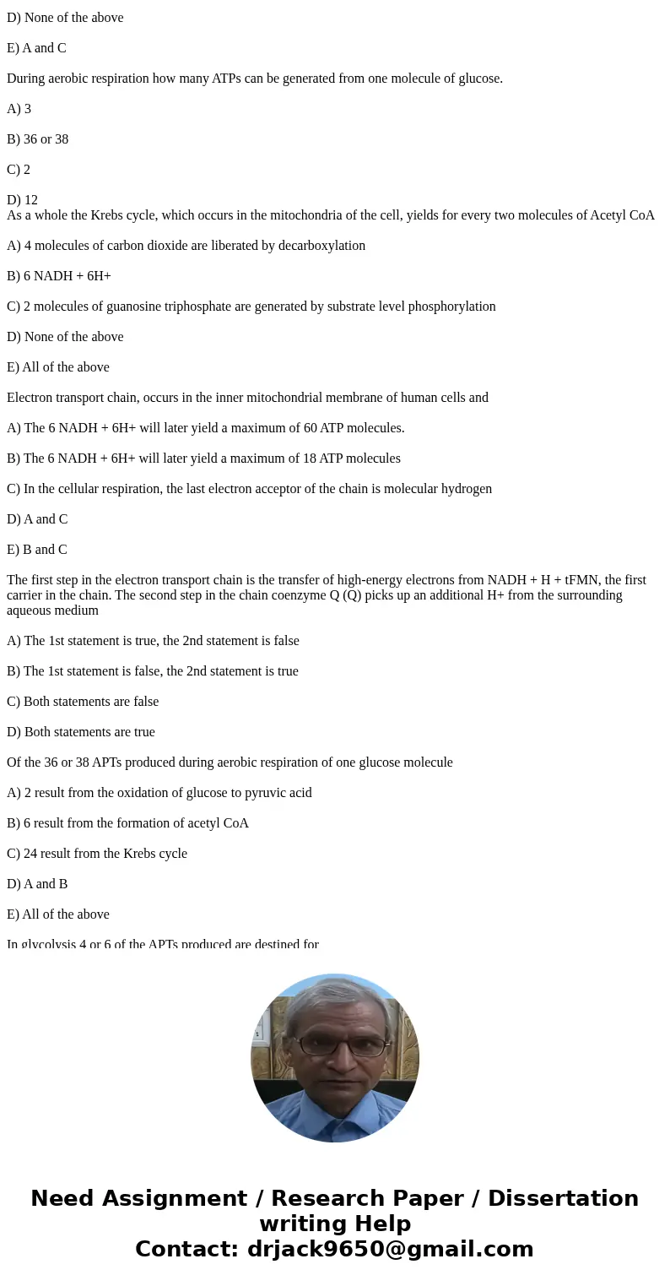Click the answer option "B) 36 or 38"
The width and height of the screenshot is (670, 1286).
coord(37,139)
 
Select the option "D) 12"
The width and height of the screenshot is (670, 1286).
coord(22,200)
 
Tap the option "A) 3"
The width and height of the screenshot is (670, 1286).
coord(19,109)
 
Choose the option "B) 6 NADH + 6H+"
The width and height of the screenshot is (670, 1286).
coord(59,276)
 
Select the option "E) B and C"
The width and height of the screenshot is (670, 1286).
coord(37,550)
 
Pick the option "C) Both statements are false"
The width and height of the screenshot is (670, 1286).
coord(83,702)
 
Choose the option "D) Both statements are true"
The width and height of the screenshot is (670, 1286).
coord(81,732)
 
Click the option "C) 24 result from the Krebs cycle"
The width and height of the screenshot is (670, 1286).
coord(97,854)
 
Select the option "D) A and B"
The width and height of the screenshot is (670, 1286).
coord(37,884)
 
